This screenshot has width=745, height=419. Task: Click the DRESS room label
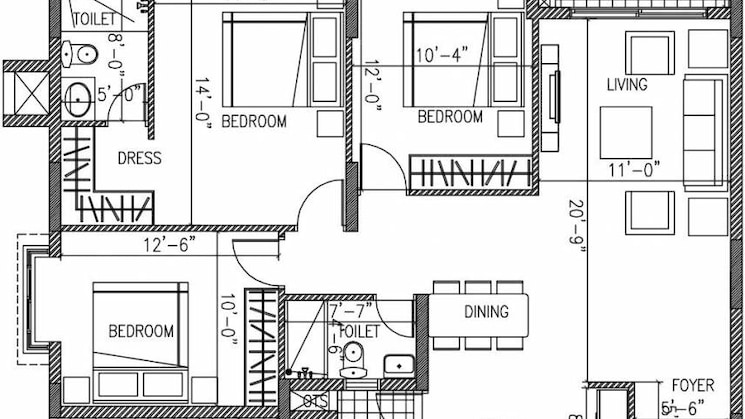click(140, 158)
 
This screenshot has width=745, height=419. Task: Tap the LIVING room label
click(627, 86)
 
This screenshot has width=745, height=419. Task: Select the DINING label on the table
click(487, 312)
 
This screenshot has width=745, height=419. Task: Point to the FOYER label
click(692, 383)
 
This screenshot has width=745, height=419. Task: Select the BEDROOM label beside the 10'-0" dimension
click(141, 331)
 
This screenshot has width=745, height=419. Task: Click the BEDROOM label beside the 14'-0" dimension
click(254, 122)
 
